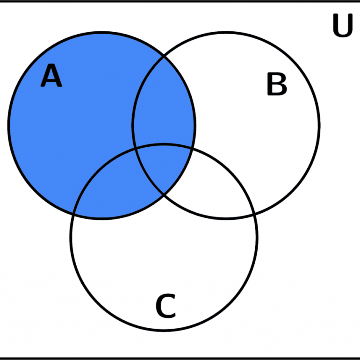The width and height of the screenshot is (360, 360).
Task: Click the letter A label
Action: click(51, 75)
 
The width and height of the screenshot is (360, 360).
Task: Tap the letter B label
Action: click(277, 84)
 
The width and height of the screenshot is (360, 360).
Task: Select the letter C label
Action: click(166, 306)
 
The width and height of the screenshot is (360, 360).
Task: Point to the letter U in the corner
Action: click(343, 25)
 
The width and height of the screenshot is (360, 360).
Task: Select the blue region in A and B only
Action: click(164, 103)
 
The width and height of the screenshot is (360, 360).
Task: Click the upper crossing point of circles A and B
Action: click(164, 56)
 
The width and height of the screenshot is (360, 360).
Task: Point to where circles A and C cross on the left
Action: click(73, 214)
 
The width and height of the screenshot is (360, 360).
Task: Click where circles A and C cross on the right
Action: click(193, 149)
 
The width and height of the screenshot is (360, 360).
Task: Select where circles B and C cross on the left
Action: click(135, 149)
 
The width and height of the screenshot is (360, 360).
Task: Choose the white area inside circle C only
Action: click(164, 264)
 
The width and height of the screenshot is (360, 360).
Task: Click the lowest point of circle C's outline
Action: click(164, 330)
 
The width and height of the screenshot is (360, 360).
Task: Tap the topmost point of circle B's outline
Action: click(226, 33)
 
